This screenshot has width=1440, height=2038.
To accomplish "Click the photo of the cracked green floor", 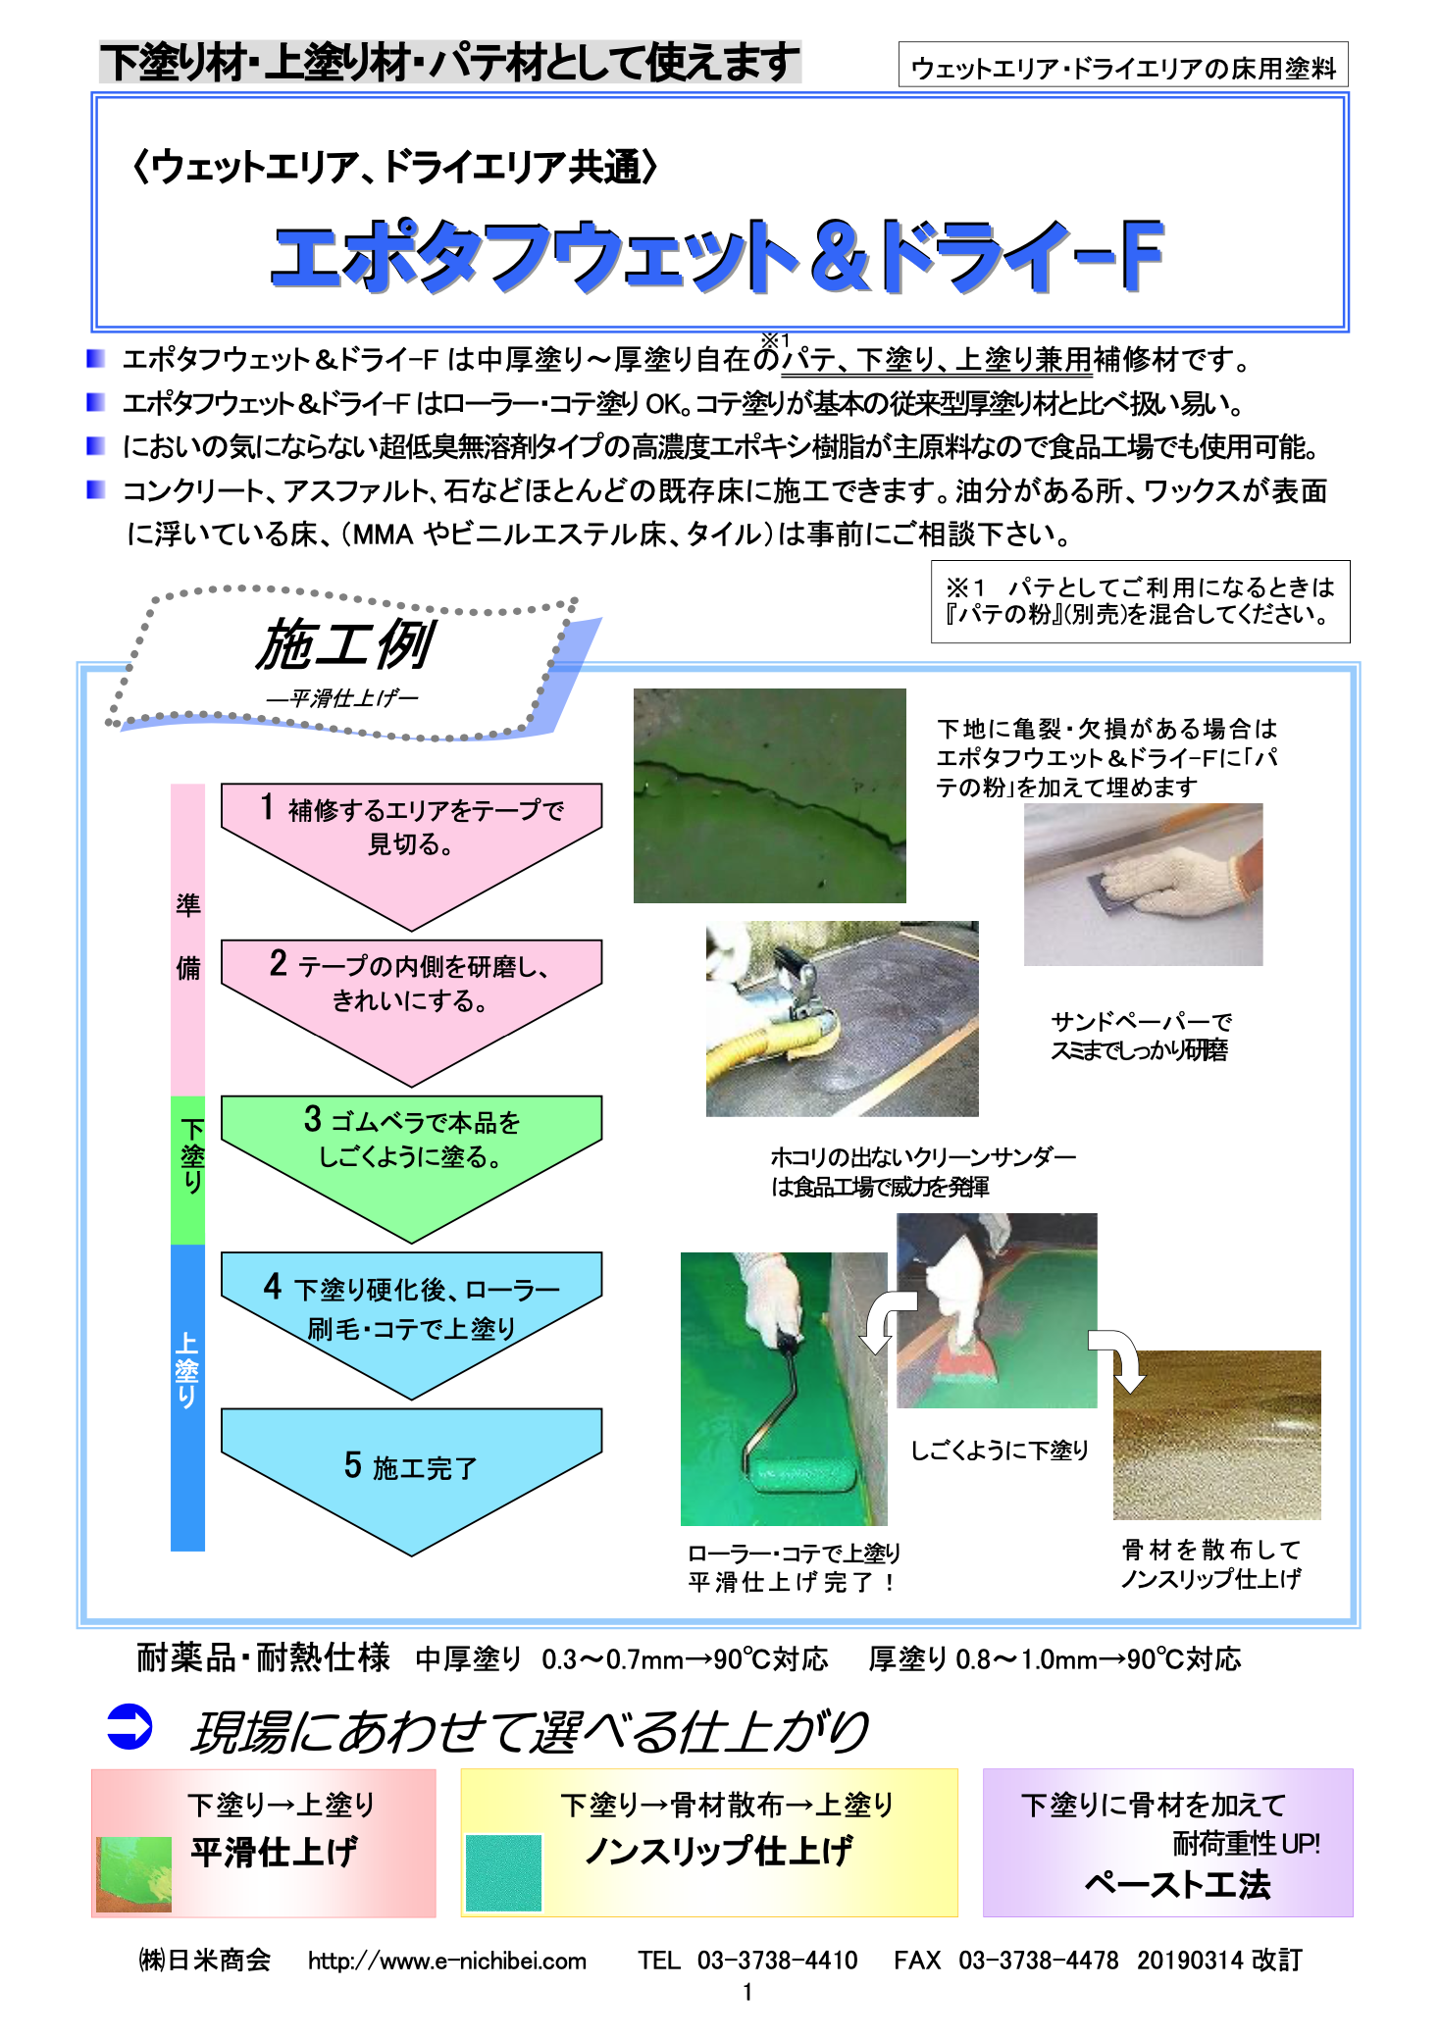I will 769,795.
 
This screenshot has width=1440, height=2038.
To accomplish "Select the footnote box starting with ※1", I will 1140,601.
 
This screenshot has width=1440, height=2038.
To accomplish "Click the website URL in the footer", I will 447,1960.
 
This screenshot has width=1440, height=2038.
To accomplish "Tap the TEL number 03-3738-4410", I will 776,1960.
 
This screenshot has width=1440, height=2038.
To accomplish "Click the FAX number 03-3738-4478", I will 1037,1960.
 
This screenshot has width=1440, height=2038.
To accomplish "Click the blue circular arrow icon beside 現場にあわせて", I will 129,1727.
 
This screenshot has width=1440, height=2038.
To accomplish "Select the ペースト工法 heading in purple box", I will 1176,1884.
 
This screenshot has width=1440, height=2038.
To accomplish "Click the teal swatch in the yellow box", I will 503,1872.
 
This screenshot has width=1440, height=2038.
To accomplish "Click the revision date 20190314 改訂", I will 1219,1960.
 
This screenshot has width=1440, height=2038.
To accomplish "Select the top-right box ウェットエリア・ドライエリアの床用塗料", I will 1122,67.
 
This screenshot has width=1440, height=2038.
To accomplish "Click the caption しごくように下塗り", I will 999,1450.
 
